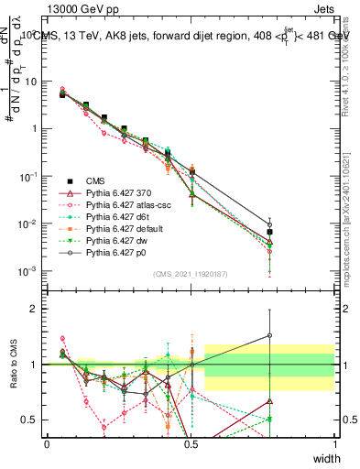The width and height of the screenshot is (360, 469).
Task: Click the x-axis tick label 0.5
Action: (191, 444)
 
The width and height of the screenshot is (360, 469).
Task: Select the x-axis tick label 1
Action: (334, 444)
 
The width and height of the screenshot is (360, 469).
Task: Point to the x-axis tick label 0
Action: (47, 444)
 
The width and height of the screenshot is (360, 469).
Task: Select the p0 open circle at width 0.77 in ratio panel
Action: (269, 335)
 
